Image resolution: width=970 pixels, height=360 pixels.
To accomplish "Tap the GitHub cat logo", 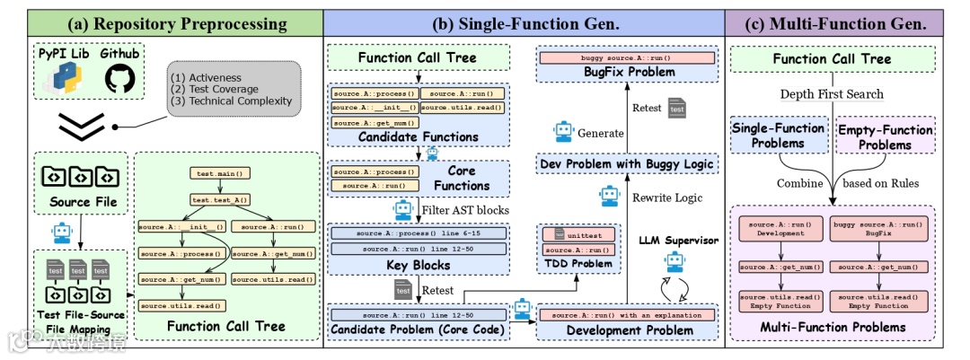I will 119,80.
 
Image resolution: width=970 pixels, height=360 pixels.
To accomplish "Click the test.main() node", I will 219,172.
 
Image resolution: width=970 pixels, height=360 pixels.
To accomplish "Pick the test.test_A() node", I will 220,200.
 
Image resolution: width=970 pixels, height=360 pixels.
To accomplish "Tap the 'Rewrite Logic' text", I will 665,198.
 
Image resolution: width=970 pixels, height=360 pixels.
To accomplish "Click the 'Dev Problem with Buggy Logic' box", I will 628,163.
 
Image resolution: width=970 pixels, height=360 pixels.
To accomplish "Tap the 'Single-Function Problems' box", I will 778,136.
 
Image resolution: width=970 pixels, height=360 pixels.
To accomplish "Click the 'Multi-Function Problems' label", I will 833,327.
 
